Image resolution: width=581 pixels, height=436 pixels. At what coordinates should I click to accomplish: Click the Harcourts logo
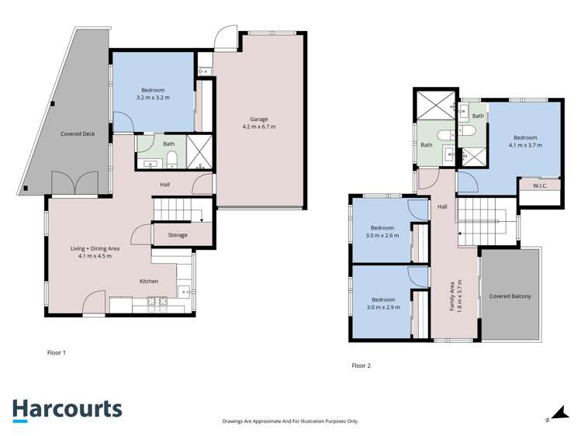click(67, 410)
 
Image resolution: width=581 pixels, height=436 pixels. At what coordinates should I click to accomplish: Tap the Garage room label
click(258, 119)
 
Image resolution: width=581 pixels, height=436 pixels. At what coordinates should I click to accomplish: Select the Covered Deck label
click(78, 134)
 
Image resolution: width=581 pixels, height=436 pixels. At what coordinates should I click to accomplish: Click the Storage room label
click(178, 234)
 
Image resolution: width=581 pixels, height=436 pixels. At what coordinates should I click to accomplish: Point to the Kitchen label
click(150, 281)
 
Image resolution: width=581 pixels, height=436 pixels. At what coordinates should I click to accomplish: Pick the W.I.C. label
click(541, 186)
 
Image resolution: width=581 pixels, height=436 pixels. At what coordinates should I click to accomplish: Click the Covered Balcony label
click(510, 296)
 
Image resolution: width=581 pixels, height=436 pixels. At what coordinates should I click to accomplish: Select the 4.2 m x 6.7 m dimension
click(258, 127)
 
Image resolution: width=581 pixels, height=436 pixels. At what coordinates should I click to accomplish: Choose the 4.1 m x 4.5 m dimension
click(95, 256)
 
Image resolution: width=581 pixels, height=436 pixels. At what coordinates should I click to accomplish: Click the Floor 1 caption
click(57, 352)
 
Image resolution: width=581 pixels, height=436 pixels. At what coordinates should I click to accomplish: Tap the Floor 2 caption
click(361, 365)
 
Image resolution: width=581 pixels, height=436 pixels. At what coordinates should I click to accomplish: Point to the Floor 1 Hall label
click(165, 185)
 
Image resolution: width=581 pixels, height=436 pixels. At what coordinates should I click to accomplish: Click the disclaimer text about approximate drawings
click(290, 421)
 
